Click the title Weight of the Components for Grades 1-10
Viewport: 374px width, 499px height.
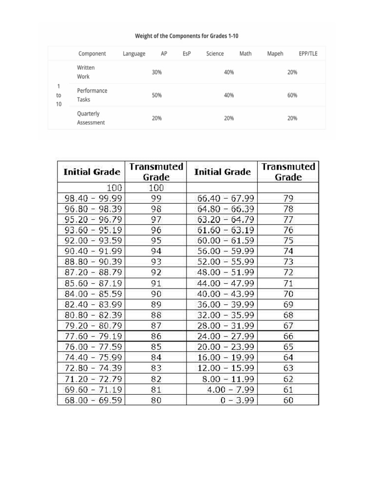187,36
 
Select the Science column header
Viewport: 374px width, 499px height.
215,54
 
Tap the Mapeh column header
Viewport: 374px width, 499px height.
275,54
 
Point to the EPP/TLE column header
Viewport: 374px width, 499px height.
308,54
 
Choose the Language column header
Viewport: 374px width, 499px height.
134,54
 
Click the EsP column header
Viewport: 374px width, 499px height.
187,54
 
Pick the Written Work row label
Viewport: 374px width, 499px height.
86,72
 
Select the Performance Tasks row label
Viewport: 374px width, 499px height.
92,95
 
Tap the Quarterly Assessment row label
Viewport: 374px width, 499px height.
91,118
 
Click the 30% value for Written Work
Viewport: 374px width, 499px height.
157,72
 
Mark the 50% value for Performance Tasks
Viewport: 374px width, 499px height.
157,96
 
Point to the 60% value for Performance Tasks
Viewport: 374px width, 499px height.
292,96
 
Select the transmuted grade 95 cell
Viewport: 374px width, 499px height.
156,241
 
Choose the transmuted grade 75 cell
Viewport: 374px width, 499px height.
288,241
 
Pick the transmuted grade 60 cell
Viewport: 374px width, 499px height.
288,400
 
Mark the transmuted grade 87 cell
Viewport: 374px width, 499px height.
156,326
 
